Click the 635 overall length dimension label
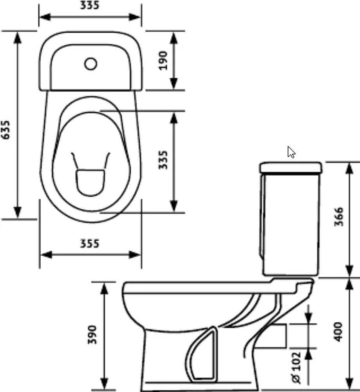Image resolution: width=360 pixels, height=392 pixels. point(5,130)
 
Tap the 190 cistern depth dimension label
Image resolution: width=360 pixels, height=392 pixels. point(163,60)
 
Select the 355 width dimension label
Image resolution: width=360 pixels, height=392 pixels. point(90,243)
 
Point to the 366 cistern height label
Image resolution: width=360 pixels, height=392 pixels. point(339,217)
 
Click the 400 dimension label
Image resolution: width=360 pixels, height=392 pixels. point(338,332)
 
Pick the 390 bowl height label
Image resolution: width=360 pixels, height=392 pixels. point(92,335)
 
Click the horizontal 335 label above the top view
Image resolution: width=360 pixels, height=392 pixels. point(90,5)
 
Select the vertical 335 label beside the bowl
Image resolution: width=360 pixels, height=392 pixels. point(163,160)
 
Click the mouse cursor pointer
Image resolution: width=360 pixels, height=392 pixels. point(291,152)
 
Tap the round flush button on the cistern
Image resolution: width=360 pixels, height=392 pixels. point(91,64)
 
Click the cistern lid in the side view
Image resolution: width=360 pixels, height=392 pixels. point(291,168)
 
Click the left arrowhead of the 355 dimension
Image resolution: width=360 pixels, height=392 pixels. point(46,255)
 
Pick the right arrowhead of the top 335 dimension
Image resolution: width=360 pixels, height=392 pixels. point(134,17)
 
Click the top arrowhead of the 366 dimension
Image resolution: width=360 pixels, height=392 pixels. point(349,169)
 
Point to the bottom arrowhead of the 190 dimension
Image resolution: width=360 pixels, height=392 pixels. point(174,83)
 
